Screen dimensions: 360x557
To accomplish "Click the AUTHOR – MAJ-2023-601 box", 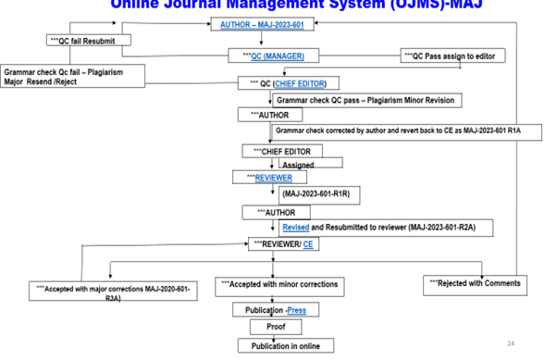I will point(263,24).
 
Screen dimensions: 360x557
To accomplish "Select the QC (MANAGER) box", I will point(270,56).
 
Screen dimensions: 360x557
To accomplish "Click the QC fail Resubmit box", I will point(88,41).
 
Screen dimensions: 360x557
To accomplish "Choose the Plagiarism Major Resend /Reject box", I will point(74,74).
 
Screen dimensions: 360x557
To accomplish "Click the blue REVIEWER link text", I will point(275,178).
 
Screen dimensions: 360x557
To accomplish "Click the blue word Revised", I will point(296,227).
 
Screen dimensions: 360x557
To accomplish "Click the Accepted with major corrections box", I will point(113,292).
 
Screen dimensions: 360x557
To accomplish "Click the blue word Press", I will point(297,311).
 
